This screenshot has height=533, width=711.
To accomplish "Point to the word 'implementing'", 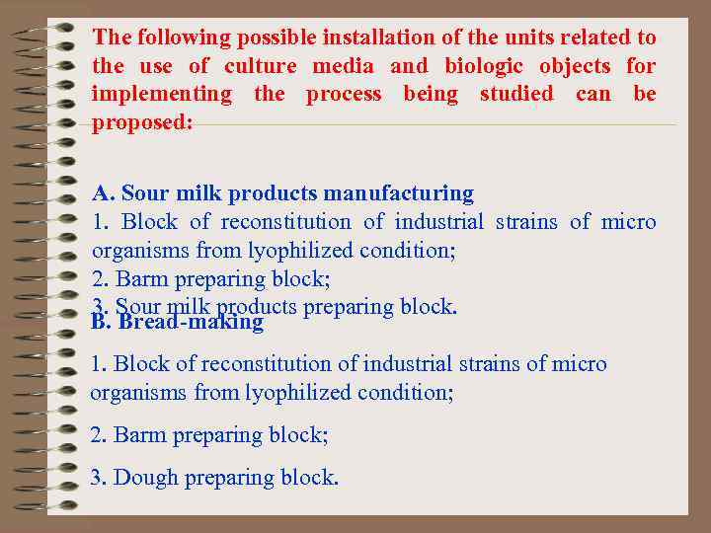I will click(161, 95).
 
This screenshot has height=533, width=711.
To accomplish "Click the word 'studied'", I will click(516, 95).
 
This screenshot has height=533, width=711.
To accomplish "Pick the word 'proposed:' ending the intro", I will click(142, 123).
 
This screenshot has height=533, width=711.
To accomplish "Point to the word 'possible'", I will click(271, 38).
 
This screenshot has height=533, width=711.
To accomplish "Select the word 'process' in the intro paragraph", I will click(343, 95).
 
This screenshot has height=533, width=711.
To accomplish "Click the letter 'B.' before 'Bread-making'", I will click(100, 322).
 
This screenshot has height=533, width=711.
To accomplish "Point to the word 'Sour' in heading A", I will click(145, 192).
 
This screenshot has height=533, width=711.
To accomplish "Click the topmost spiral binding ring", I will click(54, 31).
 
